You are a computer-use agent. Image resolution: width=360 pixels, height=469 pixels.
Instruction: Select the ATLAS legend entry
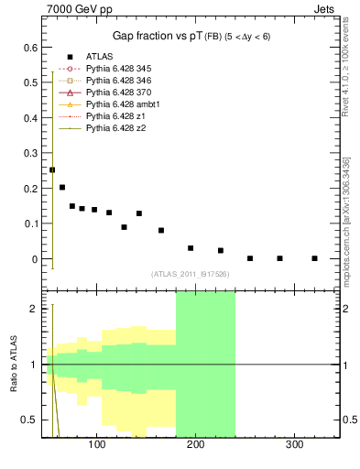click(100, 57)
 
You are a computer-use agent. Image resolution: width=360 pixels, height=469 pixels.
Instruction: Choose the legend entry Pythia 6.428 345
click(120, 69)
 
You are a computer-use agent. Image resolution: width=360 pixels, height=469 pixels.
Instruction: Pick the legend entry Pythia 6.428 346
click(120, 81)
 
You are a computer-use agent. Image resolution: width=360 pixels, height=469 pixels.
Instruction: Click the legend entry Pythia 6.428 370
click(120, 93)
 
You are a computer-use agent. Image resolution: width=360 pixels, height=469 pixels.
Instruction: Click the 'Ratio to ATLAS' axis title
click(13, 365)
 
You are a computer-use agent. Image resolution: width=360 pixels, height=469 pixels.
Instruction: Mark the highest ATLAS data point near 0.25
click(52, 169)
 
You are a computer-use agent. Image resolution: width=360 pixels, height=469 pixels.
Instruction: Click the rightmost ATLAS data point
click(314, 258)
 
